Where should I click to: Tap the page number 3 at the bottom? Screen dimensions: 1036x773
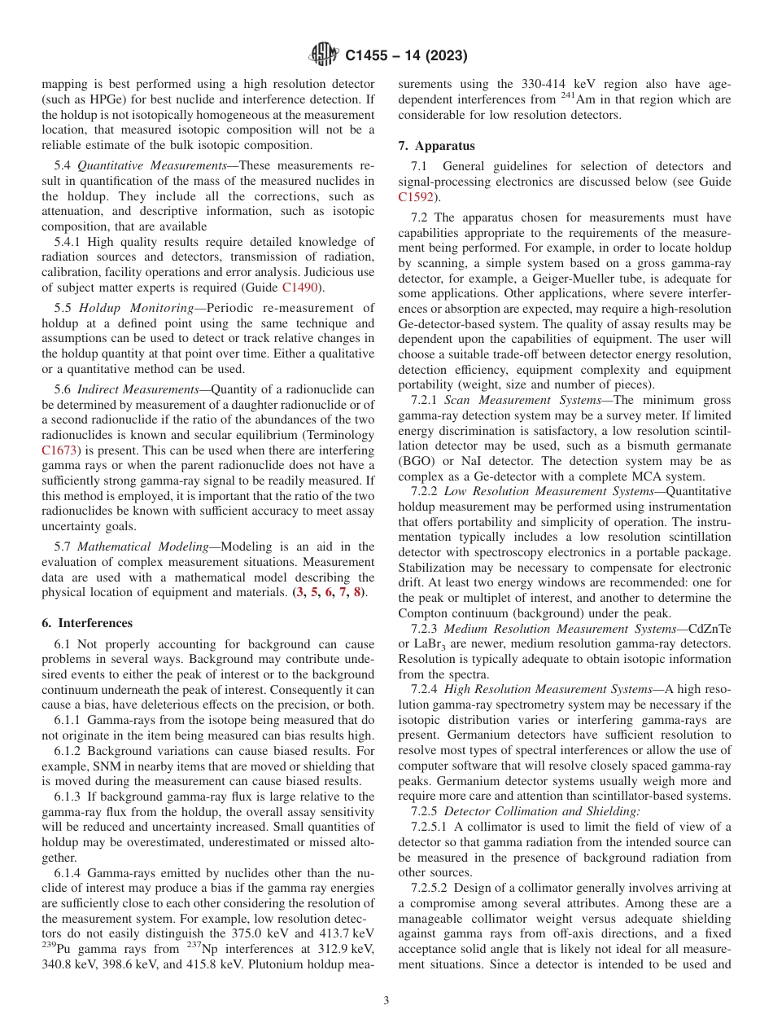click(x=386, y=1001)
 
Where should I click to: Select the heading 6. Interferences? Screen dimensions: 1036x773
click(x=87, y=623)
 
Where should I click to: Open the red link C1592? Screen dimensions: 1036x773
click(x=416, y=196)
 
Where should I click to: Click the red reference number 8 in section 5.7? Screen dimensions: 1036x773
click(x=357, y=592)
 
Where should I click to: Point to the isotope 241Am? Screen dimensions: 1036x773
click(x=576, y=99)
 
